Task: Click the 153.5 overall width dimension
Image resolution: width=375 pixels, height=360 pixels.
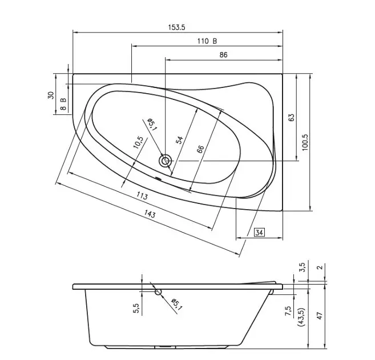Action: [x=176, y=27]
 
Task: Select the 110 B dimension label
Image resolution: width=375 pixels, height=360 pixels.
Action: [x=207, y=41]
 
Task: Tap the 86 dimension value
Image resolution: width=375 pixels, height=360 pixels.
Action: [x=223, y=55]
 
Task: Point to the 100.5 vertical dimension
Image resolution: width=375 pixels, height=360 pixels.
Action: [x=305, y=142]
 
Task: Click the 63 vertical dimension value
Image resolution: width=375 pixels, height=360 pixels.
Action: [x=292, y=117]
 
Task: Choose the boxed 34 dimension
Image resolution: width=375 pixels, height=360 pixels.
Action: [x=259, y=232]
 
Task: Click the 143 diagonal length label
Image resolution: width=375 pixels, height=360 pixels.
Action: [x=150, y=214]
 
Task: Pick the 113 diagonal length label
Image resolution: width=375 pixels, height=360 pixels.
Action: [x=142, y=196]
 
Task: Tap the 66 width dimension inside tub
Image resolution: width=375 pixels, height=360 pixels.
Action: [x=200, y=149]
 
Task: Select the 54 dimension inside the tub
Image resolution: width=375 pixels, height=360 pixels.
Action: [x=179, y=140]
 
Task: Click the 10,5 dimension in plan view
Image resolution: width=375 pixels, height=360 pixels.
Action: [x=138, y=143]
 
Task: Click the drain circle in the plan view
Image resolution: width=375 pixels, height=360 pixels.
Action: [x=165, y=161]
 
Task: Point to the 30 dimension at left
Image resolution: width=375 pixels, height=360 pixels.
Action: [x=51, y=95]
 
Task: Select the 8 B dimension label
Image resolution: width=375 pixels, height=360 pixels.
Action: [x=63, y=104]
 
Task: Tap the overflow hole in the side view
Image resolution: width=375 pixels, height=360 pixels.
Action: [x=158, y=292]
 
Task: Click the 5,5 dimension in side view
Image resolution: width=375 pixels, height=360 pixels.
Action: [x=136, y=309]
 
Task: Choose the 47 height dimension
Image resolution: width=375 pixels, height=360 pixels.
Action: [x=320, y=316]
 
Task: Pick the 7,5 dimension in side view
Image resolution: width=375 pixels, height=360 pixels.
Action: [x=288, y=311]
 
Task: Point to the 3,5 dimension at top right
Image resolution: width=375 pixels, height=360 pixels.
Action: [x=303, y=267]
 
